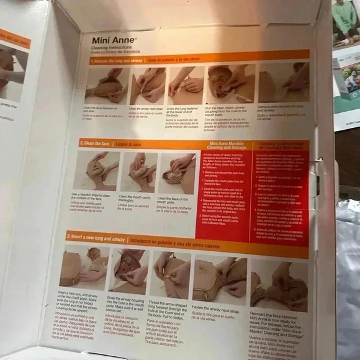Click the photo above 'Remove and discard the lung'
pos(282,83)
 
